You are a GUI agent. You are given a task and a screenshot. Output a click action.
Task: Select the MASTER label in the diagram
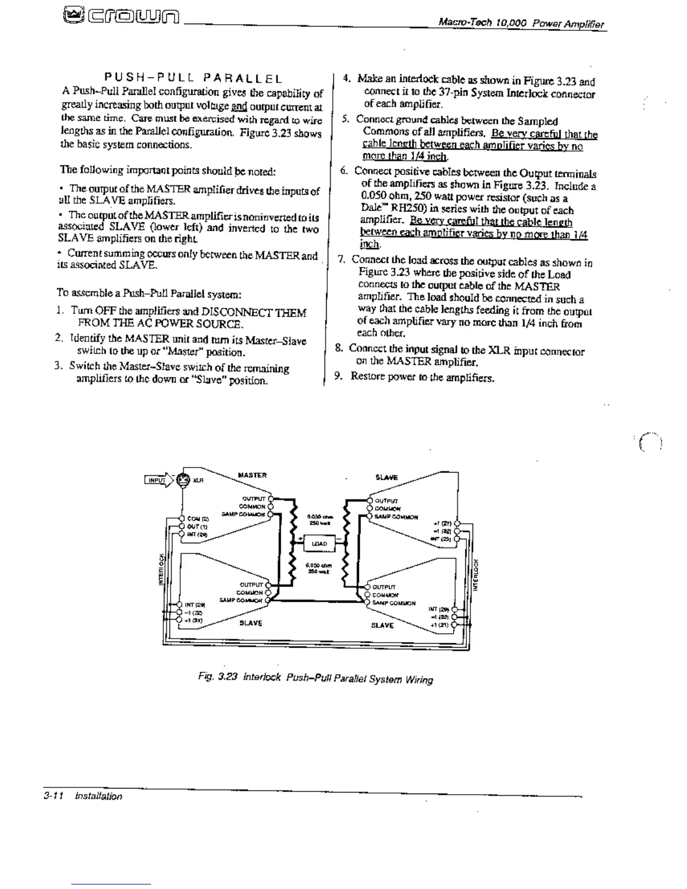[252, 475]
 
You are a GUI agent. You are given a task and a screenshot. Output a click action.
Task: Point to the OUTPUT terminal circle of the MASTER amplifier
[271, 498]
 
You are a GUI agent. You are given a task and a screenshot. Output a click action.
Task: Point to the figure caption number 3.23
[228, 677]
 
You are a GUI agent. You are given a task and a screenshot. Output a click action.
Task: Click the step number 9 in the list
[338, 376]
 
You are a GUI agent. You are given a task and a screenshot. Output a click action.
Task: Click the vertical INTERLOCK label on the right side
[476, 574]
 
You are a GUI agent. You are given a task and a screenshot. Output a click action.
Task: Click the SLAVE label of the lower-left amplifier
[251, 623]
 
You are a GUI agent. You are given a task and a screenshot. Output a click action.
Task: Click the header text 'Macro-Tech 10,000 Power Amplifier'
[521, 24]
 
